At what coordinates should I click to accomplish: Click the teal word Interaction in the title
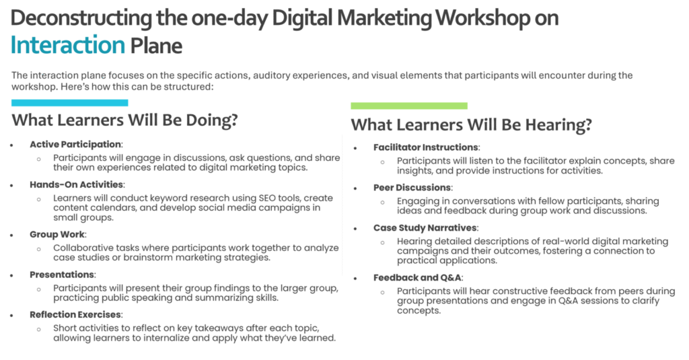tap(68, 45)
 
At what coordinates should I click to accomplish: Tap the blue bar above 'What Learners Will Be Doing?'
tap(70, 103)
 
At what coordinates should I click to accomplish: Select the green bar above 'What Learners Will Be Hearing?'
tap(409, 106)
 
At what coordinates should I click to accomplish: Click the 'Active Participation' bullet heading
tap(75, 144)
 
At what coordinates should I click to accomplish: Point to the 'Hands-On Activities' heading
tap(77, 184)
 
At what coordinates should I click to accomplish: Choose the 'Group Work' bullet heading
tap(57, 234)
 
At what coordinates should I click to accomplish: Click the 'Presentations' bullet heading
tap(62, 275)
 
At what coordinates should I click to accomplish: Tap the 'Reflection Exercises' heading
tap(75, 315)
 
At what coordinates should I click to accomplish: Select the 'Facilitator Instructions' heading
tap(426, 147)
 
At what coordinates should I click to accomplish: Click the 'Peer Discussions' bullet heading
tap(412, 188)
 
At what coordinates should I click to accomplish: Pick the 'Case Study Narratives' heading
tap(425, 227)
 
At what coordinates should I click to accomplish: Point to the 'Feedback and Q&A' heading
tap(417, 278)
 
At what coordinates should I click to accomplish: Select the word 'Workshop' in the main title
tap(482, 18)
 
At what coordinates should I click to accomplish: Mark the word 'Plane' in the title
tap(156, 45)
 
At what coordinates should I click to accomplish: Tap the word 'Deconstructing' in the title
tap(81, 18)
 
